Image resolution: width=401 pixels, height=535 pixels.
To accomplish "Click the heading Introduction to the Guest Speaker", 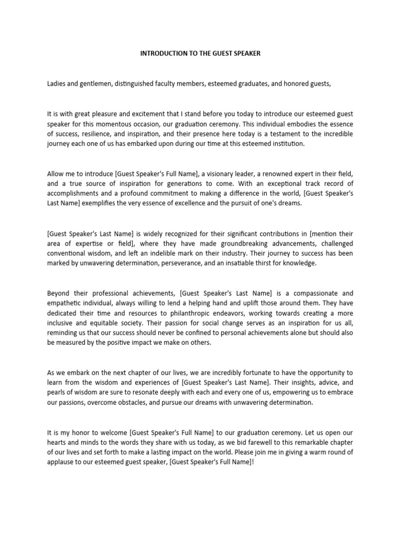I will click(200, 54).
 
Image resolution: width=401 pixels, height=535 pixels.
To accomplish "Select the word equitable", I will click(95, 322).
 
